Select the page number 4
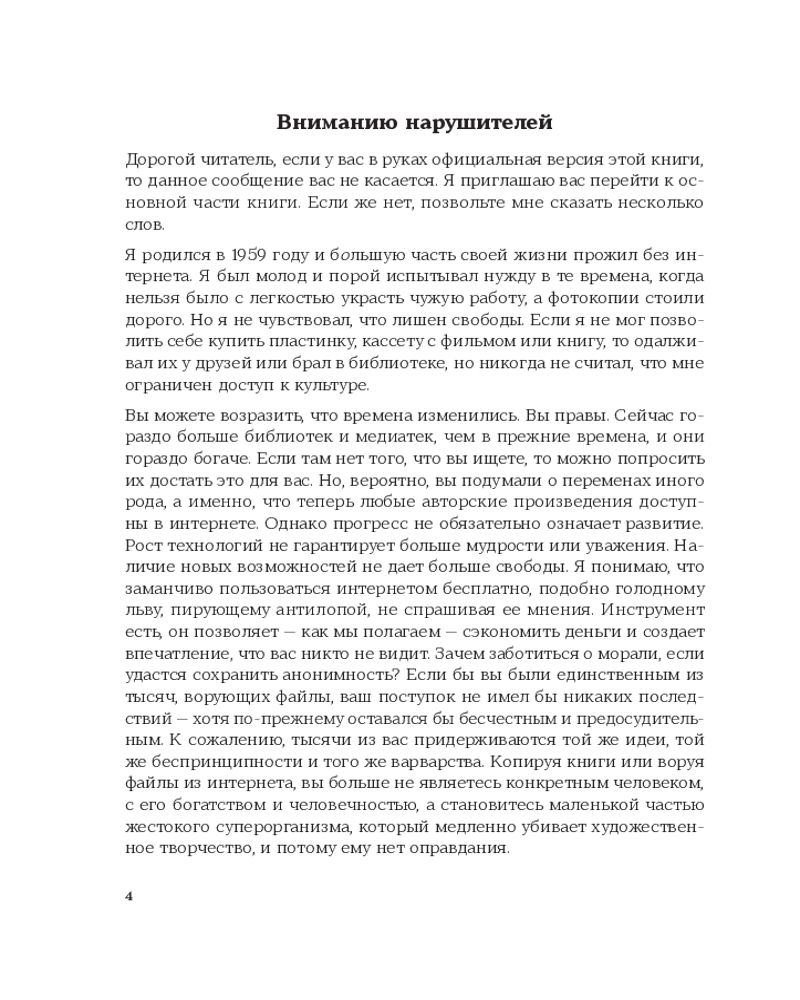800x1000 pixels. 129,895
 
